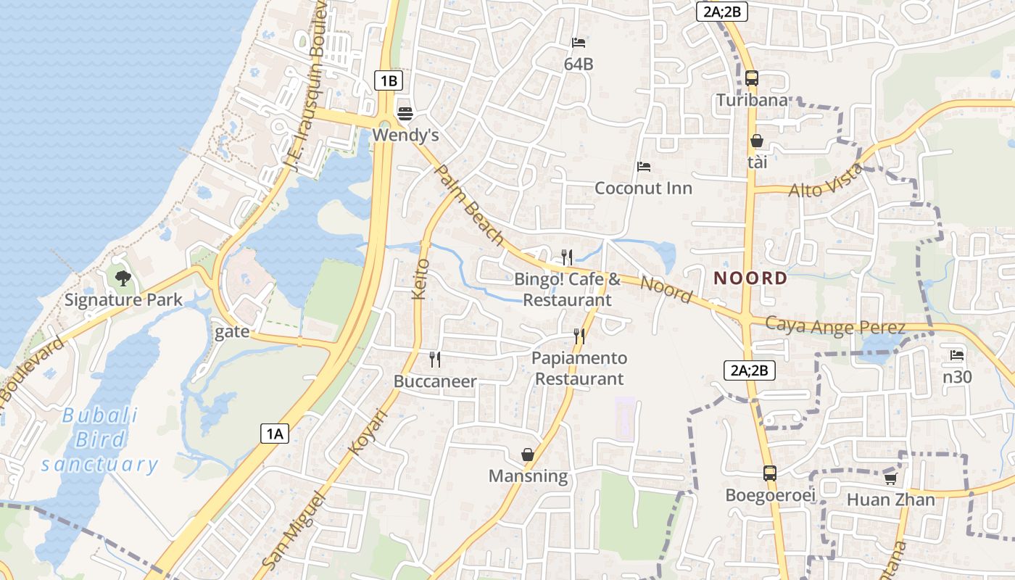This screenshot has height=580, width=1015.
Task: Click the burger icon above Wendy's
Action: coord(405,113)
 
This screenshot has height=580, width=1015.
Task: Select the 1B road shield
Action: coord(389,80)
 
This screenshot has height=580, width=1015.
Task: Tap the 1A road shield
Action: coord(275,434)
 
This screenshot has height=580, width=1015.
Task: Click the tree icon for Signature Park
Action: coord(123,278)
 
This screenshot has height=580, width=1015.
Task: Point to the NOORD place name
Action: coord(750,278)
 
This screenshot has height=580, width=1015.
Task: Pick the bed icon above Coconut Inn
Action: coord(643,167)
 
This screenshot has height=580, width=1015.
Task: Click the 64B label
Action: coord(579,65)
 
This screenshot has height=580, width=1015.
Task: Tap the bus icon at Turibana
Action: coord(752,78)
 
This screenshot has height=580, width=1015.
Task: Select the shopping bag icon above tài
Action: coord(757,141)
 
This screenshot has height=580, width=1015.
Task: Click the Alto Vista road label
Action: coord(826,181)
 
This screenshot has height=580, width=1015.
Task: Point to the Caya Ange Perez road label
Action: coord(835,326)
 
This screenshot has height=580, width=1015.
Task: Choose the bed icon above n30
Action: coord(957,355)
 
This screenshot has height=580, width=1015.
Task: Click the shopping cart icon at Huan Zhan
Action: coord(890,478)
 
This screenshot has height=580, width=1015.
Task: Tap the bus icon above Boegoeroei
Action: coord(770,473)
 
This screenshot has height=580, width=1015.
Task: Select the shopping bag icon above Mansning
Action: coord(528,455)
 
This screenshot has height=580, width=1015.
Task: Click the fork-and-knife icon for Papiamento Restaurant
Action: coord(579,336)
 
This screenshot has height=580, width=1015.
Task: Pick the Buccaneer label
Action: coord(435,381)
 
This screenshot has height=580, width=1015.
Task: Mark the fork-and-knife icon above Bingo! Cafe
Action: coord(567,257)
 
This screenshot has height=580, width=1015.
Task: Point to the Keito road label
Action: coord(420,279)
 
